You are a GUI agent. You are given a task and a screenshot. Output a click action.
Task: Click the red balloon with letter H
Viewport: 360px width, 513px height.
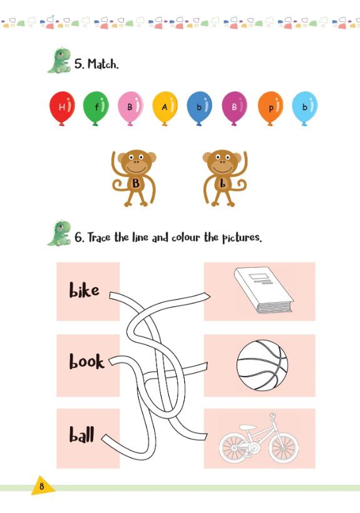(62, 108)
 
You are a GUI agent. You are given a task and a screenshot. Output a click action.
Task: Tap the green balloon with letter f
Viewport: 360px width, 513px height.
(96, 108)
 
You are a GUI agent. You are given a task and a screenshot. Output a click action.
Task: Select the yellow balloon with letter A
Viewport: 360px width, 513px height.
(165, 108)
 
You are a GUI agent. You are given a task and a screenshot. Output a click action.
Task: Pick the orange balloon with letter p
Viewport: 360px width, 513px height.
(270, 108)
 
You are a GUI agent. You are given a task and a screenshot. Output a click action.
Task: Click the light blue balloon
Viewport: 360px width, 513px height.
(305, 108)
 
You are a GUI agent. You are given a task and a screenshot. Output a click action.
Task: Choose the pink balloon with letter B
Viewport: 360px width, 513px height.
(130, 108)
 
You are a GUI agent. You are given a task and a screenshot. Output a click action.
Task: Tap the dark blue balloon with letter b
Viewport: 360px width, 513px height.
(199, 108)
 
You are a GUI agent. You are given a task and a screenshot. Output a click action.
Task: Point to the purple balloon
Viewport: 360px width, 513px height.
(234, 108)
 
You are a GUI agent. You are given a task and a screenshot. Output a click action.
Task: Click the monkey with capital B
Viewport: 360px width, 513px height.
(134, 178)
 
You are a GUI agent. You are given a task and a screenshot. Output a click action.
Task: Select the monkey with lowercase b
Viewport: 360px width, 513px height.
(225, 178)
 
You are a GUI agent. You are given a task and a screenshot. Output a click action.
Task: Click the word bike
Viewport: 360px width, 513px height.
(84, 290)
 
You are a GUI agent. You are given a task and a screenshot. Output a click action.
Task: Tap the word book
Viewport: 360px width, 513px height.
(86, 361)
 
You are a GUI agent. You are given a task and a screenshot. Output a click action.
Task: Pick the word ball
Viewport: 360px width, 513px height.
(82, 434)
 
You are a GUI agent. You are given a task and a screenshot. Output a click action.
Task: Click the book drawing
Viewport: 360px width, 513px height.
(264, 290)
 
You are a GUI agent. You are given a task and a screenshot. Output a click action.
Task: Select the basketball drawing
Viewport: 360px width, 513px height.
(262, 365)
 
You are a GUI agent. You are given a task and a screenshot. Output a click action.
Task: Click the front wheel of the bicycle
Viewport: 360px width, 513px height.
(284, 447)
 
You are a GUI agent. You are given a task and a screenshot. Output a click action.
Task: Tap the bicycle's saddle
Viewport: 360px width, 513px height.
(247, 427)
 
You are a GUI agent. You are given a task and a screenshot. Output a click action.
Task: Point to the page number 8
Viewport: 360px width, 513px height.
(41, 487)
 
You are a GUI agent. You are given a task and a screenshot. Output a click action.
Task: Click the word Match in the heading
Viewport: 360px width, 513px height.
(102, 63)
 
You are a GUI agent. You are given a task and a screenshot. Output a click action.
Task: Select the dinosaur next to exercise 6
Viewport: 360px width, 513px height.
(59, 233)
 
